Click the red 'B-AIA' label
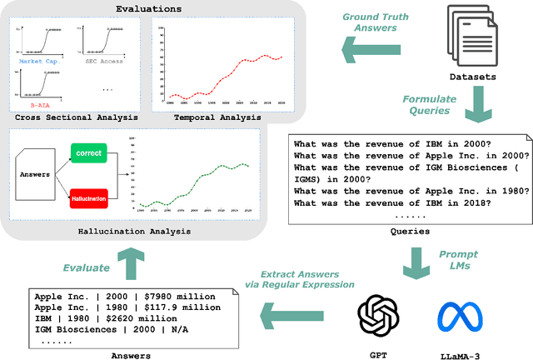tap(35, 107)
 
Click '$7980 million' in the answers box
tap(186, 295)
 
